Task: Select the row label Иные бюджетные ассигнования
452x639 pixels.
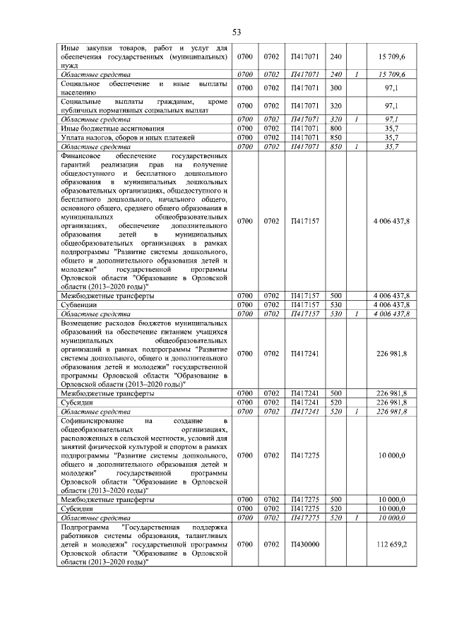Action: tap(103, 129)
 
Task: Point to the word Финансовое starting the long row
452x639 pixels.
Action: tap(83, 155)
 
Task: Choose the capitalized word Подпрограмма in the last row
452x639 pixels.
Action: tap(86, 527)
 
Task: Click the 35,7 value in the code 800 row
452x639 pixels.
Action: tap(407, 129)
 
